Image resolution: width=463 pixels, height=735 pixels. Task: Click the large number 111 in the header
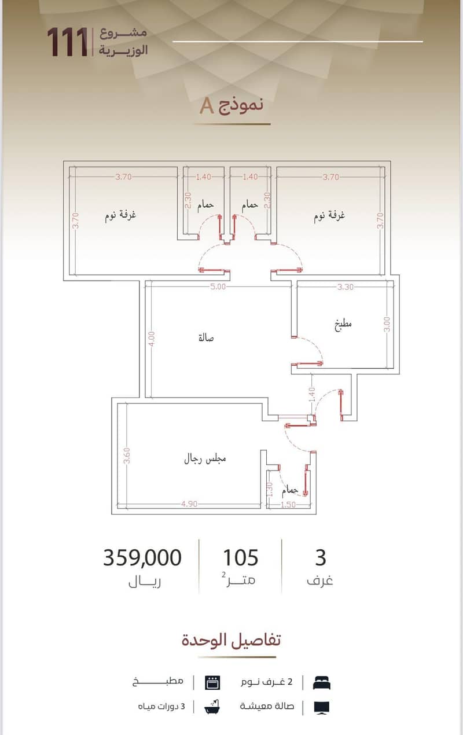pyautogui.click(x=67, y=42)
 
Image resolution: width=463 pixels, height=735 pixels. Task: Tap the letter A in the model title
pyautogui.click(x=207, y=106)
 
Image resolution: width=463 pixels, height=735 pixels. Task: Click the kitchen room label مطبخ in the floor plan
pyautogui.click(x=343, y=325)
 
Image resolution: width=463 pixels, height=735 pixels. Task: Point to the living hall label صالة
pyautogui.click(x=206, y=337)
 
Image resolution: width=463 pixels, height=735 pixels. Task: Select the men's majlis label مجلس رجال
pyautogui.click(x=205, y=459)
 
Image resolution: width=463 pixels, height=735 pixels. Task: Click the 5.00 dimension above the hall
pyautogui.click(x=218, y=286)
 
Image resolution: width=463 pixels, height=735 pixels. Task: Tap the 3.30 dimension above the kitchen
pyautogui.click(x=346, y=287)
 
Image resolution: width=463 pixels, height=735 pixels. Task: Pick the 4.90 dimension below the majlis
pyautogui.click(x=189, y=504)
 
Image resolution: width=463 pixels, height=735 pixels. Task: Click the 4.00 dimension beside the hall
pyautogui.click(x=151, y=339)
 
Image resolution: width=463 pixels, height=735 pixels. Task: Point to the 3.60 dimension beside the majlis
pyautogui.click(x=127, y=456)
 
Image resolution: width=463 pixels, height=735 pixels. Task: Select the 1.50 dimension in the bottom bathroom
pyautogui.click(x=288, y=504)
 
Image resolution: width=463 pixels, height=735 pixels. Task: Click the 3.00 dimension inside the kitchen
pyautogui.click(x=387, y=324)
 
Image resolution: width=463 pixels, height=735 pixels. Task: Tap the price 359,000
pyautogui.click(x=142, y=557)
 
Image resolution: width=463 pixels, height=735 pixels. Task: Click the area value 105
pyautogui.click(x=241, y=557)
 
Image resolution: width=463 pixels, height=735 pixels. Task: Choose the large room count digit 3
pyautogui.click(x=321, y=557)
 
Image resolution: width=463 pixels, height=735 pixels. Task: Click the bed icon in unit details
pyautogui.click(x=322, y=683)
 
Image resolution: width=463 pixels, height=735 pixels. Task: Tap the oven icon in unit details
pyautogui.click(x=212, y=683)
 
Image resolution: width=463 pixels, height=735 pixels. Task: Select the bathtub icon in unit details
pyautogui.click(x=212, y=707)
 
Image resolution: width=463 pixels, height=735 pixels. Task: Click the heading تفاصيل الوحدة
pyautogui.click(x=231, y=640)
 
